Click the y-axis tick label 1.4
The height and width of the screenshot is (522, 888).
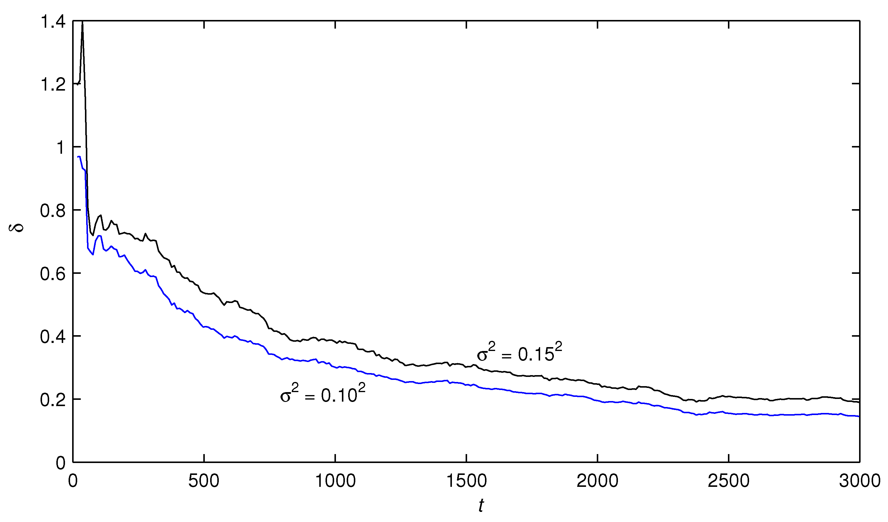53,22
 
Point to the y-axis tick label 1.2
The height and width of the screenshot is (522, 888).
53,85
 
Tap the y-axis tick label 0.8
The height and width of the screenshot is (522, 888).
53,211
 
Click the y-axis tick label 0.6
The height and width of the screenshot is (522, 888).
53,274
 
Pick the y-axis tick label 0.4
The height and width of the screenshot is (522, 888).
53,337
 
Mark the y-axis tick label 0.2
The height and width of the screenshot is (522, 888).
53,400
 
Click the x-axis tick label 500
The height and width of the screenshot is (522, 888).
204,481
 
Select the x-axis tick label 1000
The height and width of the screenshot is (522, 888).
335,481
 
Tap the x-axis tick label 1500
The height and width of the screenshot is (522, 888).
467,481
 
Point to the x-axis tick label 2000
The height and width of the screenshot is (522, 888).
598,481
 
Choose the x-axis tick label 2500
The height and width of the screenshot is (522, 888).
729,481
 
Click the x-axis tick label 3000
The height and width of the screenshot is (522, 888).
860,481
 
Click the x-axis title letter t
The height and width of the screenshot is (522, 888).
481,506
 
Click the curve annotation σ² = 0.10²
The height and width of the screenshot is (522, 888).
323,394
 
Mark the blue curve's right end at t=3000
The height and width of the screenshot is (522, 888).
859,416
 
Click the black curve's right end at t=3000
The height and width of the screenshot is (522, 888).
859,402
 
